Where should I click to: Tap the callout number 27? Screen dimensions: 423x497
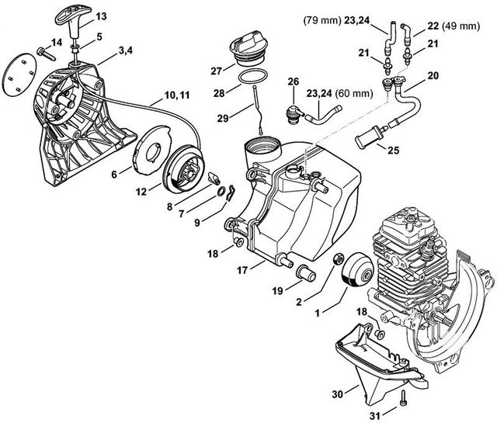click(215, 69)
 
